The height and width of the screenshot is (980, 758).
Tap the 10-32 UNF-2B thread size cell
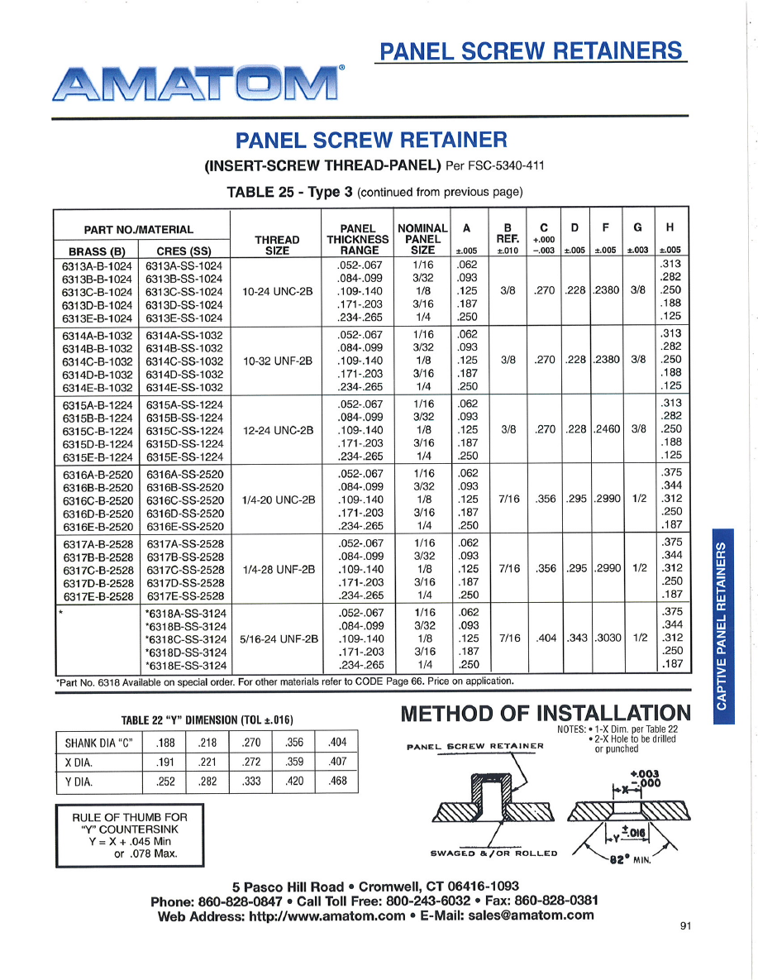(x=277, y=361)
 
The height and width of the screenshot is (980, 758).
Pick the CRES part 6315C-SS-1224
(x=184, y=431)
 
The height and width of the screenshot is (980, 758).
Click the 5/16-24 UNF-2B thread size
(x=279, y=639)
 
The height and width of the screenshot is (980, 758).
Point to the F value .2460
(x=608, y=431)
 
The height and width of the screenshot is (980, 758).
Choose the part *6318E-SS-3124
(x=186, y=664)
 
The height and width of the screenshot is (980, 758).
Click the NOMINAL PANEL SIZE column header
(x=422, y=238)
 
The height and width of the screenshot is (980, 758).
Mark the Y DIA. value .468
(x=336, y=781)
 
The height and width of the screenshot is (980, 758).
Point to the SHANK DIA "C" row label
(x=98, y=743)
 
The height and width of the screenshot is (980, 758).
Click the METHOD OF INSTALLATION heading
(x=545, y=713)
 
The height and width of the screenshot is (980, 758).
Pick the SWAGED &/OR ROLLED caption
(x=494, y=853)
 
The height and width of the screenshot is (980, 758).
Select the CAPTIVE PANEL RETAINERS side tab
(x=722, y=625)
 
